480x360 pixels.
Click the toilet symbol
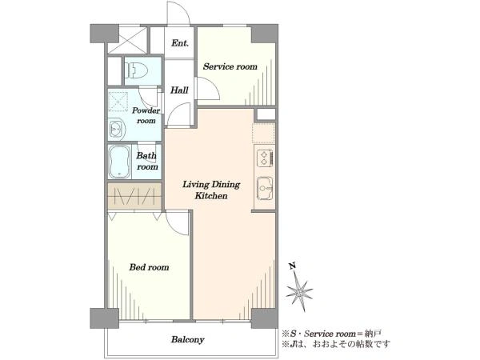point(136,70)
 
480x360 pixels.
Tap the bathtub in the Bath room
point(120,162)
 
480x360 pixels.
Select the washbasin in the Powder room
point(117,130)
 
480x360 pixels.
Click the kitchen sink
point(265,188)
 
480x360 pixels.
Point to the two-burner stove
point(265,158)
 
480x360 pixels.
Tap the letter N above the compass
point(293,266)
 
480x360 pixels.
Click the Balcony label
point(187,339)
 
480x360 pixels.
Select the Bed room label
point(149,267)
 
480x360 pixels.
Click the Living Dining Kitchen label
point(211,190)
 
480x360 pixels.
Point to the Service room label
point(230,66)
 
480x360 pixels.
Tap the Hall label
point(179,90)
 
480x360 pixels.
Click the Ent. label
point(180,43)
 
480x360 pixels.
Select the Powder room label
point(146,115)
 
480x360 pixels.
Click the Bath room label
point(147,161)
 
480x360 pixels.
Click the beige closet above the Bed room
point(134,197)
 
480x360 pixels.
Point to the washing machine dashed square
point(118,102)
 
